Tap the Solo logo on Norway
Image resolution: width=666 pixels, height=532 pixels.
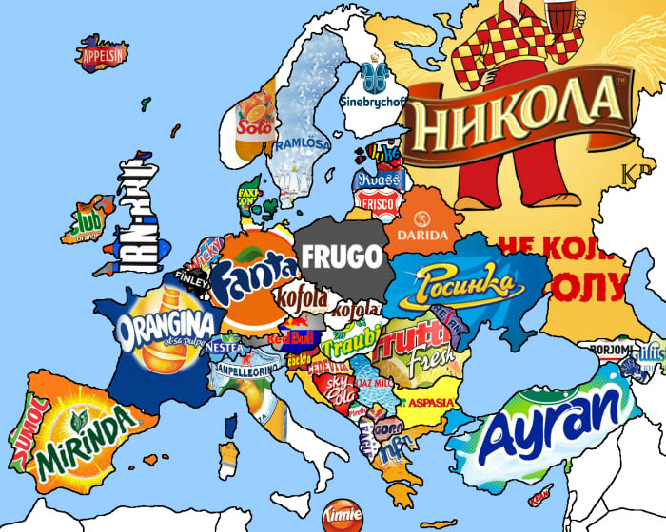(x=255, y=124)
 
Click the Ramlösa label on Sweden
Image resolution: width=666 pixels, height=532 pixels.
(x=304, y=142)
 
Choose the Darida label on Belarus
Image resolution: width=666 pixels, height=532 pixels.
(x=421, y=235)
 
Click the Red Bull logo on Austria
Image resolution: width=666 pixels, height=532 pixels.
(x=290, y=337)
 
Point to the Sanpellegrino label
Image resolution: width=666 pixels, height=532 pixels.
(x=245, y=369)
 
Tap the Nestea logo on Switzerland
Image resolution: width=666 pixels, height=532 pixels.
(x=226, y=349)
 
